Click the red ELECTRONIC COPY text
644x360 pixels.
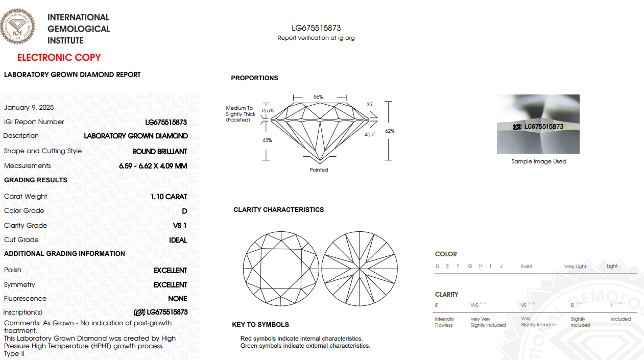59,58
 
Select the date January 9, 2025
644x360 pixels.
29,107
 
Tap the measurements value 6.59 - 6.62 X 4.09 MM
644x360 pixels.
153,166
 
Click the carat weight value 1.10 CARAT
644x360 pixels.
169,197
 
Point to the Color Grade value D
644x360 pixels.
184,211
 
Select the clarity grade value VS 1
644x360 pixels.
180,226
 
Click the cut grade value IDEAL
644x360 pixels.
178,240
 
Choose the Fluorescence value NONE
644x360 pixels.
178,299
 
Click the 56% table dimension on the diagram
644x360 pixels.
318,97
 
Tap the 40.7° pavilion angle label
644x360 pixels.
370,134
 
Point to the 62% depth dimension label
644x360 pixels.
390,131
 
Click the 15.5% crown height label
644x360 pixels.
267,110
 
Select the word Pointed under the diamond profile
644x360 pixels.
319,170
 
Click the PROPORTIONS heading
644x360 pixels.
254,78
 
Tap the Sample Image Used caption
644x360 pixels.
539,161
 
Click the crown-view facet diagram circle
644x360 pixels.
281,269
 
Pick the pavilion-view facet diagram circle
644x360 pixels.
360,269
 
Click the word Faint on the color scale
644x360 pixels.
526,267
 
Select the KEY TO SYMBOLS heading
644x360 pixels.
260,325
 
